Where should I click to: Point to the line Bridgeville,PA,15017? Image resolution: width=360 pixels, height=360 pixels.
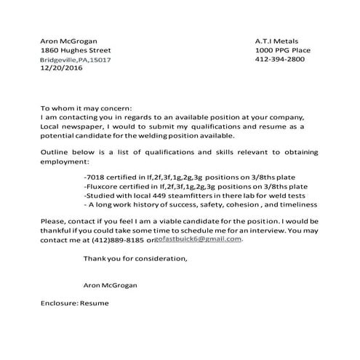[75, 60]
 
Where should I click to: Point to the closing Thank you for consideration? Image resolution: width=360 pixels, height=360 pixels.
[135, 258]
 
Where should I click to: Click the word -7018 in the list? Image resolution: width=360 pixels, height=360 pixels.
[96, 176]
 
